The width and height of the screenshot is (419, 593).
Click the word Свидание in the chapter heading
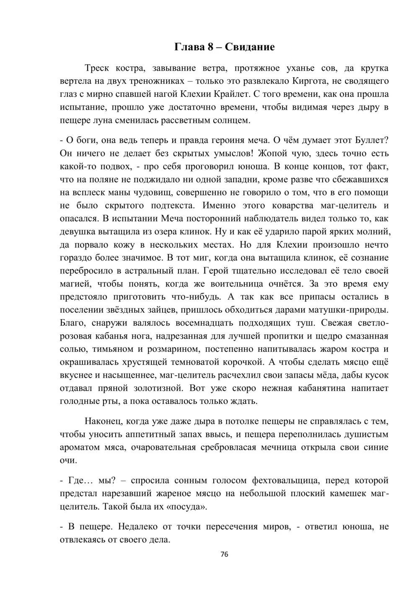pos(250,47)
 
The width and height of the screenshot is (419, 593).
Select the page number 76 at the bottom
pos(224,554)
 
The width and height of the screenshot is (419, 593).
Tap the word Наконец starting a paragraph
pos(103,421)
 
